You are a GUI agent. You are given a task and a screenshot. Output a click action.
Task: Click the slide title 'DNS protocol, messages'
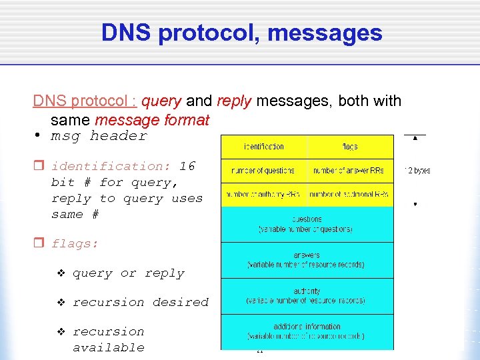pos(241,33)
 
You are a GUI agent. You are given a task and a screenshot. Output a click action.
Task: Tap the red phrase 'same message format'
pos(152,120)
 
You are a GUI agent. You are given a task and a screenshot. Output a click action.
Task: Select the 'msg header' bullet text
pos(99,136)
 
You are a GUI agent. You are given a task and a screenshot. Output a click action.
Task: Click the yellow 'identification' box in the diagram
pos(263,147)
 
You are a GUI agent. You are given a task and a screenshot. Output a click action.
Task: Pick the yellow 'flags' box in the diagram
pos(350,147)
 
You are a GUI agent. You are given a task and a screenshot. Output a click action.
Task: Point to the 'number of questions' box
pos(263,171)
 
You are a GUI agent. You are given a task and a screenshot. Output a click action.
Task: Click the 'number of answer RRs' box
pos(349,171)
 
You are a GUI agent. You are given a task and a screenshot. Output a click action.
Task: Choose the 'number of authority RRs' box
pos(263,195)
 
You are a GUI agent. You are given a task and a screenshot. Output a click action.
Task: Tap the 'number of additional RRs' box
pos(349,195)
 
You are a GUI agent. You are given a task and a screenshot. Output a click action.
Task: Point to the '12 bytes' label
pos(417,171)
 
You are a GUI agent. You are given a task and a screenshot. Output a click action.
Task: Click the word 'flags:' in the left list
pos(75,244)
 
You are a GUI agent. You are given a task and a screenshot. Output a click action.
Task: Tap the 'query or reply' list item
pos(128,273)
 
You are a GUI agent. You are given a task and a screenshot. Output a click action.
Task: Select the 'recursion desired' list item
pos(140,303)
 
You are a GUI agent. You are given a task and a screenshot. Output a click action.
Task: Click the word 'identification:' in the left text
pos(111,167)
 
